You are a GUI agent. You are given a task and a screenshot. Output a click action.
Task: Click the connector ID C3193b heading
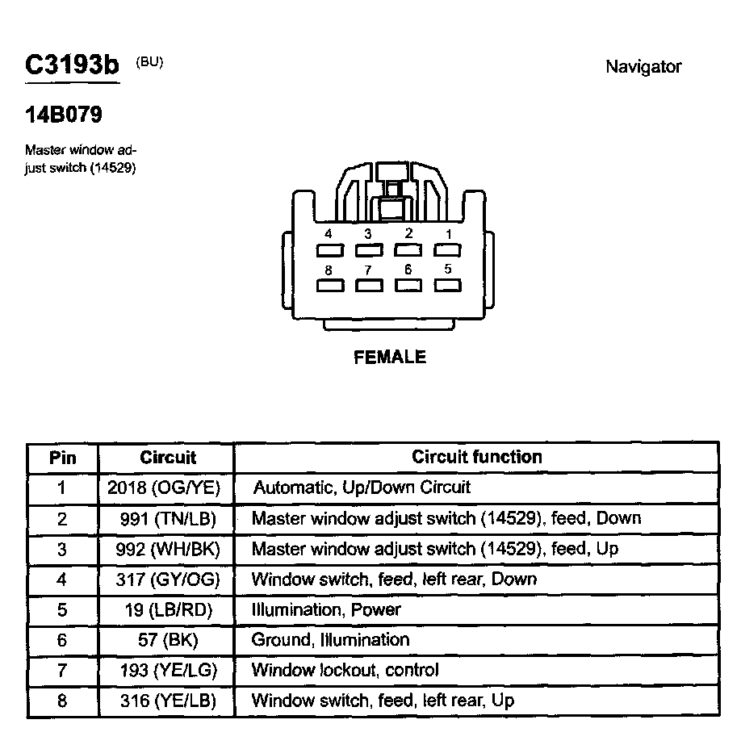pos(72,65)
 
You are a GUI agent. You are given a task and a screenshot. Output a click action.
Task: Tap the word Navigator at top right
pos(643,67)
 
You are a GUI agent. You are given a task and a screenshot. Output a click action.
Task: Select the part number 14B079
pos(64,115)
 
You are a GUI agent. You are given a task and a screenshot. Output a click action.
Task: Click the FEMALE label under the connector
pos(390,357)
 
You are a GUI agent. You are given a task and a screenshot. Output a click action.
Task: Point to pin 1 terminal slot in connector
pos(447,250)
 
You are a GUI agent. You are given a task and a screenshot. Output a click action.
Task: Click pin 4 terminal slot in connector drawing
pos(329,250)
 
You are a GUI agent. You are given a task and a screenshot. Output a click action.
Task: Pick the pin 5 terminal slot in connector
pos(447,285)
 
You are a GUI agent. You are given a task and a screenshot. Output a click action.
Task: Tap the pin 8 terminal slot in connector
pos(329,285)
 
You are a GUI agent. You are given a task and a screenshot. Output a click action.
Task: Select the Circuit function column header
pos(477,457)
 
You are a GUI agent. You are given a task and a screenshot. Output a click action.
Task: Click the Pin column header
pos(63,458)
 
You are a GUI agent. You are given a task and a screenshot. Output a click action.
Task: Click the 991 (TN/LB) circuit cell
pos(167,518)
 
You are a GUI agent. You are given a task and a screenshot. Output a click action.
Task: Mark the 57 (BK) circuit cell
pos(167,640)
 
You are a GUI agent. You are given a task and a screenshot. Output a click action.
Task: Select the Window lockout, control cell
pos(345,670)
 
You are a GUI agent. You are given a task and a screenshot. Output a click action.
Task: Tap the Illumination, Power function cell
pos(326,609)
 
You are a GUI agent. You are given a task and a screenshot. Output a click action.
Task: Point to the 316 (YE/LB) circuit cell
pos(167,701)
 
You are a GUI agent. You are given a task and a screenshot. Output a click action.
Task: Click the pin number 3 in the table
pos(62,549)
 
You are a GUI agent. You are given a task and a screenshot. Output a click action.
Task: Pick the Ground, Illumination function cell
pos(331,640)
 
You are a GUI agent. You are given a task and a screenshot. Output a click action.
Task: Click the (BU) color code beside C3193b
pos(149,62)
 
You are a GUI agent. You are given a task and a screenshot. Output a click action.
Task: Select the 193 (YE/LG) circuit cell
pos(167,670)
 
